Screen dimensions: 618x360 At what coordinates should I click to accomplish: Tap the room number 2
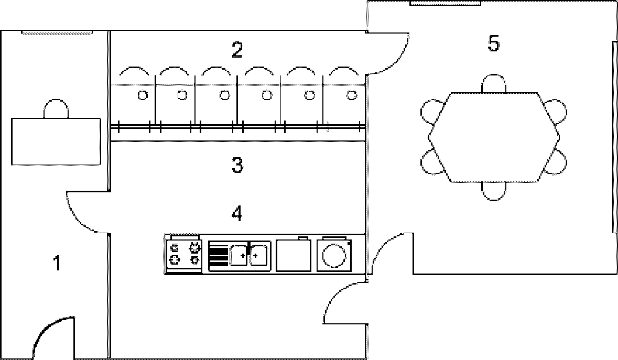[x=237, y=50]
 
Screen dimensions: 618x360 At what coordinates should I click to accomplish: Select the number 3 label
[x=237, y=166]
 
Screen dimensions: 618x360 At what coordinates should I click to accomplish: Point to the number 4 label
[x=237, y=213]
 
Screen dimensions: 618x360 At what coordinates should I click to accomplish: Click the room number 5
[x=493, y=45]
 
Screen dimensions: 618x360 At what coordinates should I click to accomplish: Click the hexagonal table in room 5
[x=494, y=137]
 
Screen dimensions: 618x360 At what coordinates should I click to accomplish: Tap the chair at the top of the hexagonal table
[x=494, y=84]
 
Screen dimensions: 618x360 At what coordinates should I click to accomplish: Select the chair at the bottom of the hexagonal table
[x=494, y=191]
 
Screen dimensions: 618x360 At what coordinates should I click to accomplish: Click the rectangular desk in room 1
[x=56, y=141]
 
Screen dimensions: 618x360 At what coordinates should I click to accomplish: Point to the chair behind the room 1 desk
[x=56, y=109]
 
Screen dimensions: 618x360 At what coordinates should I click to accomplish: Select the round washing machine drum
[x=333, y=256]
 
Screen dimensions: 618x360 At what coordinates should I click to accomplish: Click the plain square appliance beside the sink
[x=293, y=255]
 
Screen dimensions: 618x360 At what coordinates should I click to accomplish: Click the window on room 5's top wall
[x=445, y=3]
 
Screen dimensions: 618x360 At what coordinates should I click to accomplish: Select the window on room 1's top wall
[x=57, y=33]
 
